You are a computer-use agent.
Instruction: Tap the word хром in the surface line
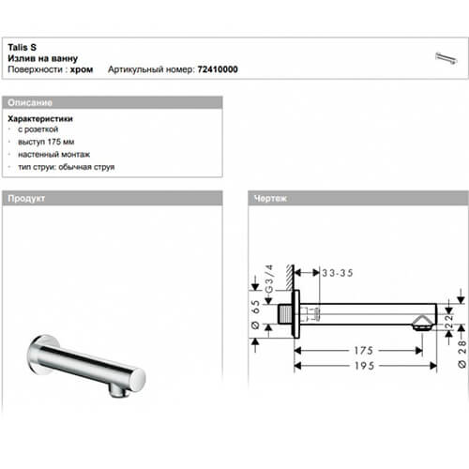pyautogui.click(x=83, y=69)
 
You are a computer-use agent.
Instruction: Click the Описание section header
pyautogui.click(x=29, y=101)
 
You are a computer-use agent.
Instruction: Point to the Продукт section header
pyautogui.click(x=27, y=200)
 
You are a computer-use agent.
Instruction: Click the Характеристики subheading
pyautogui.click(x=40, y=120)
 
